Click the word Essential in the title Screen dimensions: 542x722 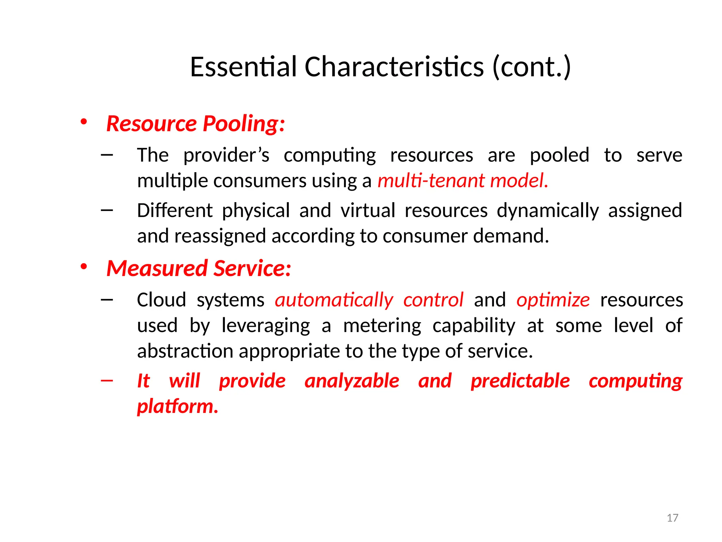[243, 67]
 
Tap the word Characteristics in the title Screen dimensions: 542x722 [394, 67]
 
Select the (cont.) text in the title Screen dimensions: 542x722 [531, 67]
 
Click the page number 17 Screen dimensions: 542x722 [672, 518]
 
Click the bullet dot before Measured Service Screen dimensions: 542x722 [84, 267]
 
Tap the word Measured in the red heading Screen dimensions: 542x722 [157, 268]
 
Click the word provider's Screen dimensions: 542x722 [226, 155]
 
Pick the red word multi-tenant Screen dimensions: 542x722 [427, 181]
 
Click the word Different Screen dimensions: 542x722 [175, 211]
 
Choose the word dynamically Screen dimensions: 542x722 [547, 211]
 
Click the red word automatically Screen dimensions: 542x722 [334, 300]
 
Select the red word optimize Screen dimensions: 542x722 [553, 300]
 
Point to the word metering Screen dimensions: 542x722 [382, 326]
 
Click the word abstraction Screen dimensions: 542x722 [185, 351]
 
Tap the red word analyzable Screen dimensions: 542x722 [352, 381]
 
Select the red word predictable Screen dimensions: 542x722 [520, 381]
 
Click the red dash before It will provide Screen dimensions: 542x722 [106, 380]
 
